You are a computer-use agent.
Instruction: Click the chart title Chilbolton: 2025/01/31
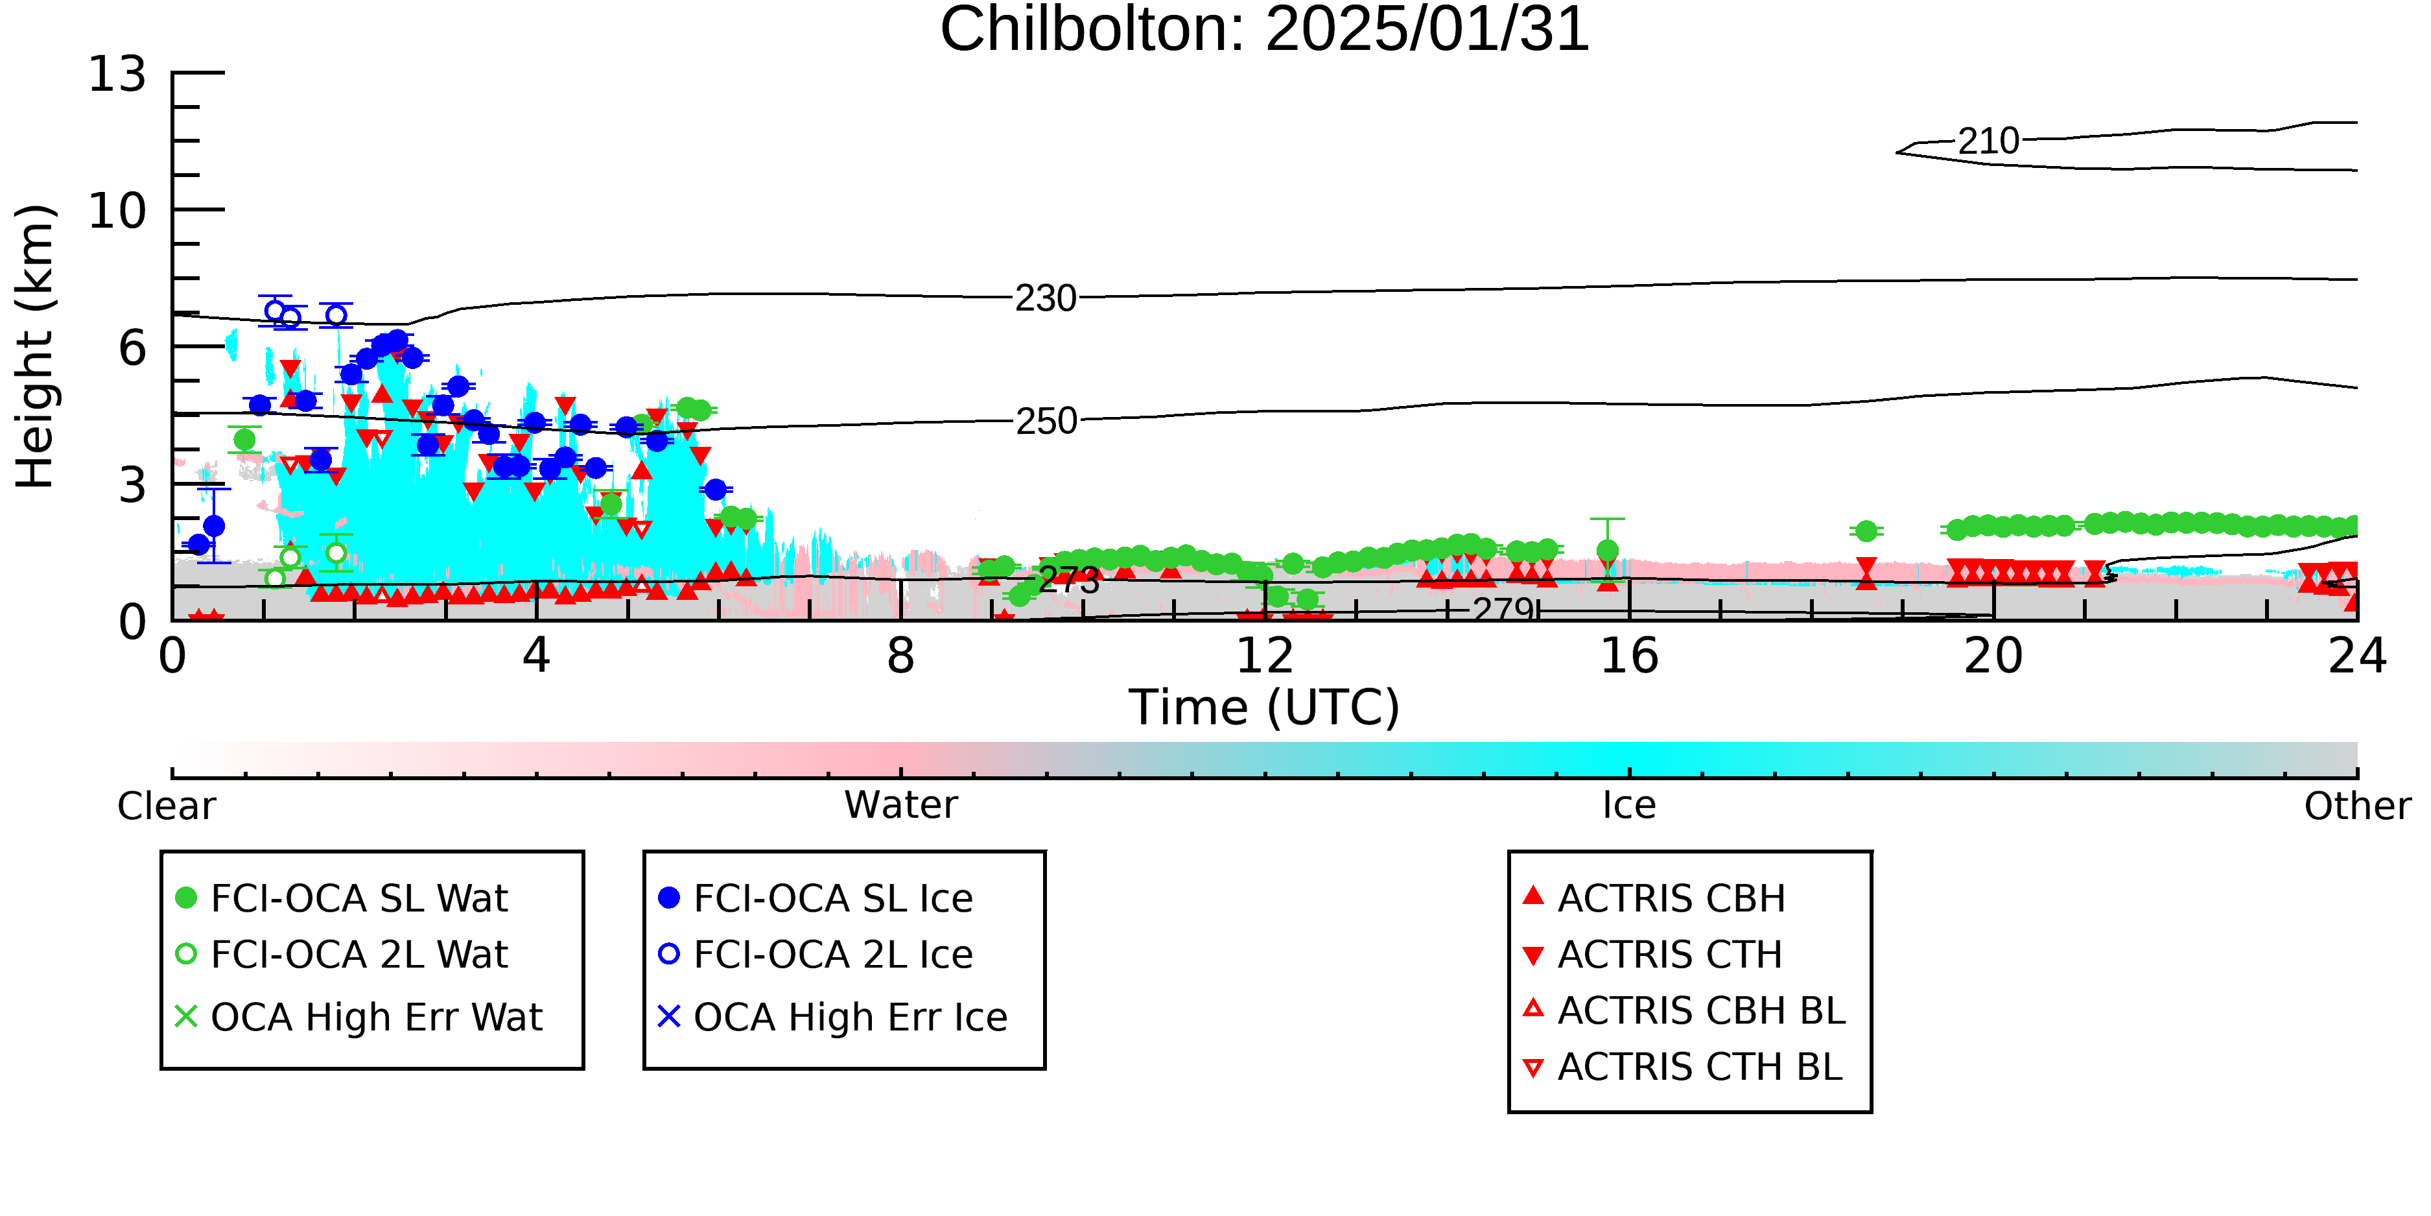click(x=1265, y=30)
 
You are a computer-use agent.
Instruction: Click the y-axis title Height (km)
click(x=35, y=346)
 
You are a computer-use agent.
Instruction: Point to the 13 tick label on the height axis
click(x=117, y=74)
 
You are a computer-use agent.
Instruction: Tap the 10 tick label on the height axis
click(x=117, y=211)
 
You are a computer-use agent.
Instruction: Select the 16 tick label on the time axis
click(x=1629, y=656)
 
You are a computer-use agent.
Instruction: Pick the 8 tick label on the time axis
click(x=901, y=656)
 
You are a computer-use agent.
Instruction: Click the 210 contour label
click(x=1988, y=141)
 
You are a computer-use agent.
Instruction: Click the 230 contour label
click(x=1046, y=298)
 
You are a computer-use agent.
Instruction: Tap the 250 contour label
click(x=1046, y=421)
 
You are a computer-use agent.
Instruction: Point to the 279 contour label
click(x=1503, y=610)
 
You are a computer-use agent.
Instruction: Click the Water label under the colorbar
click(x=901, y=805)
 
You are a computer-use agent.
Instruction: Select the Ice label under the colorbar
click(x=1629, y=805)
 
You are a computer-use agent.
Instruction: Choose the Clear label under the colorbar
click(x=166, y=806)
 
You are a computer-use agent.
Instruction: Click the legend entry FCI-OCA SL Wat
click(x=342, y=898)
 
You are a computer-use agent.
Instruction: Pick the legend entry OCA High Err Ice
click(x=833, y=1017)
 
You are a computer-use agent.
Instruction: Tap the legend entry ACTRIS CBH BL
click(x=1684, y=1010)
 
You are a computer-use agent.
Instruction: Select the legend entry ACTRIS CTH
click(x=1652, y=955)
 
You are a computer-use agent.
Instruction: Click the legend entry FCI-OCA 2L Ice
click(x=816, y=955)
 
